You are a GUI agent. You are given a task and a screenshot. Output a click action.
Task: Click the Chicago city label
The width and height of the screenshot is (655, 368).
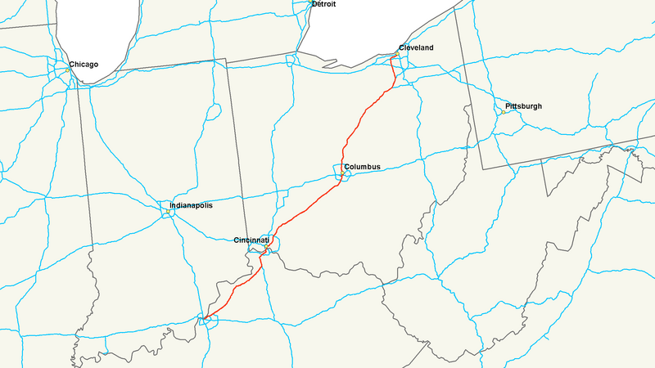pos(84,65)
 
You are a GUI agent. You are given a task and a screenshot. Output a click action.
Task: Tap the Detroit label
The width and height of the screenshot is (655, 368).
pos(323,5)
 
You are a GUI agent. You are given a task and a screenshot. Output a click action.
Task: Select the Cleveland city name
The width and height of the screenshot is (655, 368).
pos(416,48)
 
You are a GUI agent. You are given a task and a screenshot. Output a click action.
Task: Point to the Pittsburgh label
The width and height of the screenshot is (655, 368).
pos(523,107)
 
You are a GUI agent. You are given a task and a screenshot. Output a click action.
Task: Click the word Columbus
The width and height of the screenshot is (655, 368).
pos(363,168)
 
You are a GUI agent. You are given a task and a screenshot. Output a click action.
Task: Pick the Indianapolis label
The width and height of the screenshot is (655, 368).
pos(191,205)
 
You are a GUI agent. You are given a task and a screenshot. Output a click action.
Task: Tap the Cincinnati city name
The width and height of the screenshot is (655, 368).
pos(251,240)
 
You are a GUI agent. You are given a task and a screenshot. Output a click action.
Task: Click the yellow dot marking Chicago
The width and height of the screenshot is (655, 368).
pos(66,70)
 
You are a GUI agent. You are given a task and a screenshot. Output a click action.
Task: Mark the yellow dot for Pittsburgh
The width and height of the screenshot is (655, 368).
pos(503,112)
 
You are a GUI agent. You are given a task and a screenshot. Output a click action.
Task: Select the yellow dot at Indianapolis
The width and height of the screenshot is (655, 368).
pos(167,213)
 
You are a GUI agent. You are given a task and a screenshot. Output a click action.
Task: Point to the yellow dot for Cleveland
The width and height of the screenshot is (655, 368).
pos(396,55)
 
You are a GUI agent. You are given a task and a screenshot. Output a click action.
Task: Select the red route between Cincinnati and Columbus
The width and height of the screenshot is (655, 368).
pos(303,209)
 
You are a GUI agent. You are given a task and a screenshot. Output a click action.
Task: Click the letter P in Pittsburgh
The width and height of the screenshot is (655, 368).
pos(508,107)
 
